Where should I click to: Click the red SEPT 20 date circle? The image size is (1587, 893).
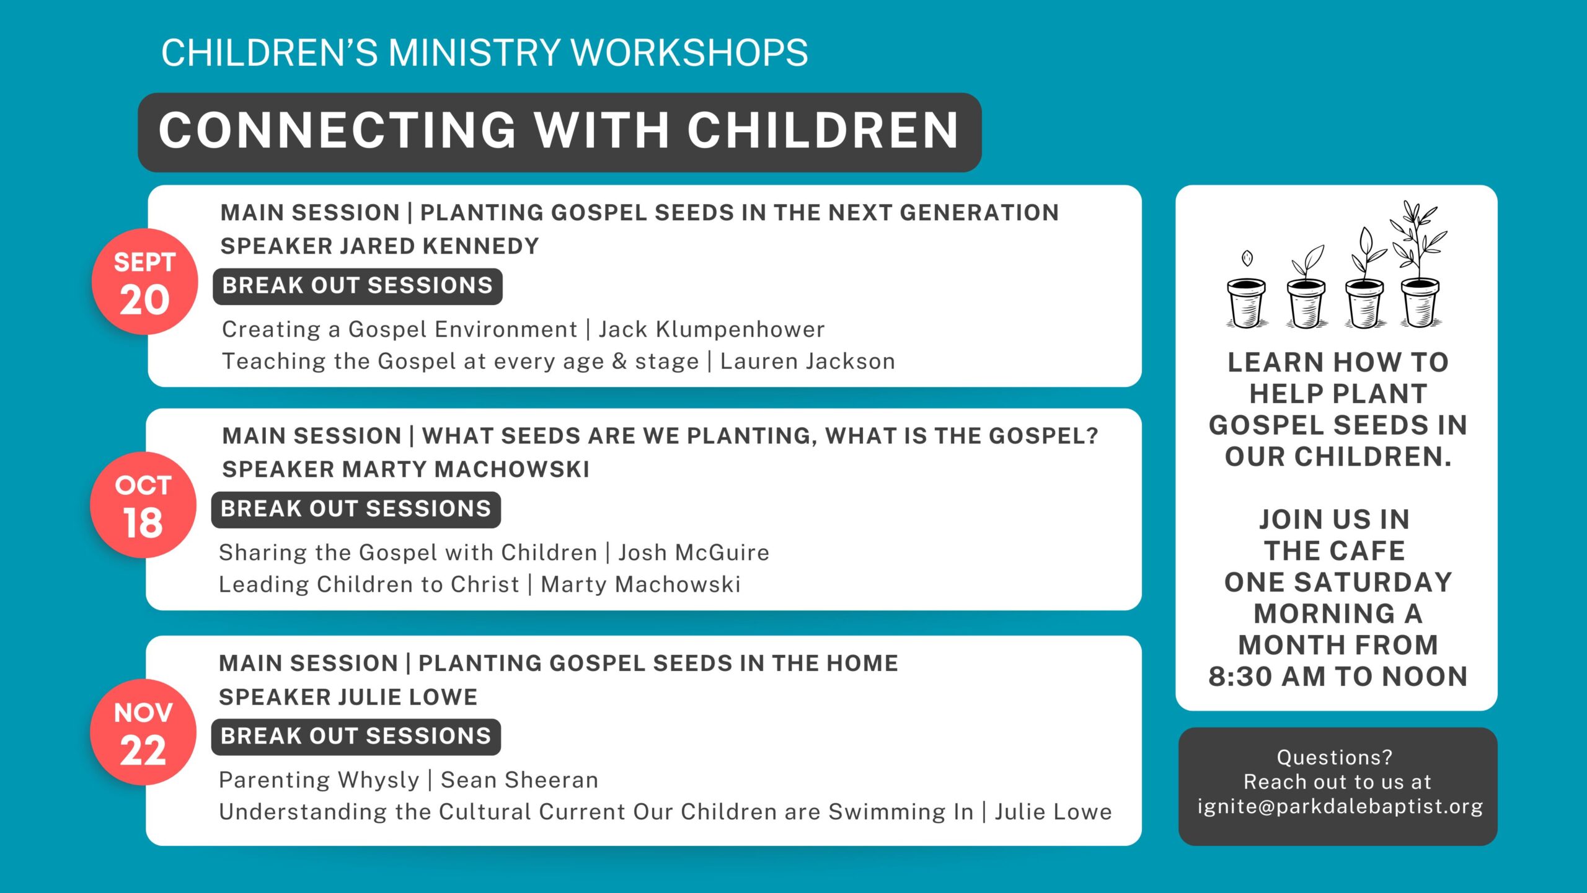coord(144,282)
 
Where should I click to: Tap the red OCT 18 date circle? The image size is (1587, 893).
coord(143,505)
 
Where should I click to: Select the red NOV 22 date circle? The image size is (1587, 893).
coord(143,732)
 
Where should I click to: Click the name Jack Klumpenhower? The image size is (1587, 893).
coord(712,329)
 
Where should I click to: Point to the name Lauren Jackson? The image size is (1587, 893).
coord(808,361)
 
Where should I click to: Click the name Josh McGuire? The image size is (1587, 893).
coord(694,553)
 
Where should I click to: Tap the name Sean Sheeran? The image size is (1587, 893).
coord(519,780)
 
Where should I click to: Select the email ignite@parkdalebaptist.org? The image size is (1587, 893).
coord(1340,807)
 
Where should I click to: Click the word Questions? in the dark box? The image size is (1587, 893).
coord(1335,757)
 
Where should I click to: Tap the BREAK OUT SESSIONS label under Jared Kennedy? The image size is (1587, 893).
coord(358,286)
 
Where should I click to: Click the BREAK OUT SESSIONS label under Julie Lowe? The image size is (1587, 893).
coord(356,737)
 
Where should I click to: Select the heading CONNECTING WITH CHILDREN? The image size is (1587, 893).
coord(559,131)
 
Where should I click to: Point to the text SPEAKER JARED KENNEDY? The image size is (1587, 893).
coord(379,246)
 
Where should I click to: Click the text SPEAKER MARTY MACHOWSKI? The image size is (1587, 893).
coord(406,469)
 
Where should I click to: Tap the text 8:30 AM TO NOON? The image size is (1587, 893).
coord(1338,677)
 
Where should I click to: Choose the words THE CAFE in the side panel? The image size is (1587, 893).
coord(1335,551)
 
